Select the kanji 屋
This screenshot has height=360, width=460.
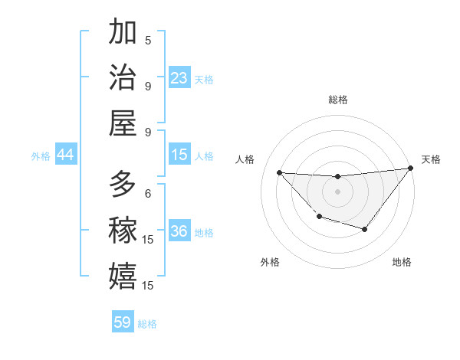click(x=123, y=123)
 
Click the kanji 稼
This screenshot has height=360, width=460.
click(x=123, y=230)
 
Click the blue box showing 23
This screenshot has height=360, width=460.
click(x=179, y=78)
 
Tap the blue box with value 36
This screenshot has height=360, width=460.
click(x=179, y=231)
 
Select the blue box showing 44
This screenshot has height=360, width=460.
click(x=65, y=155)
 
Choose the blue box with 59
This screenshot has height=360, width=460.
click(x=123, y=322)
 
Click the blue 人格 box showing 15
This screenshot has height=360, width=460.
click(x=179, y=155)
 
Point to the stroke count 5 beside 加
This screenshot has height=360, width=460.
click(x=148, y=40)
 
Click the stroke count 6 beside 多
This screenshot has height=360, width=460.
click(x=148, y=193)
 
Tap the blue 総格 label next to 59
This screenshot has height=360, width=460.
click(x=147, y=323)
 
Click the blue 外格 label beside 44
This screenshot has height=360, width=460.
click(x=41, y=155)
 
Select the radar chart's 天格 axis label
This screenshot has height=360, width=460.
click(x=431, y=159)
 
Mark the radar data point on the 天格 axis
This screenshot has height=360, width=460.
click(x=410, y=169)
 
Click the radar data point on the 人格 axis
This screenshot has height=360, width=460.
click(x=280, y=172)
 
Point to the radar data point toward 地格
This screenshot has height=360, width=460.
click(x=365, y=229)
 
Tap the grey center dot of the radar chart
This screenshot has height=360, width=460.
click(x=337, y=191)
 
